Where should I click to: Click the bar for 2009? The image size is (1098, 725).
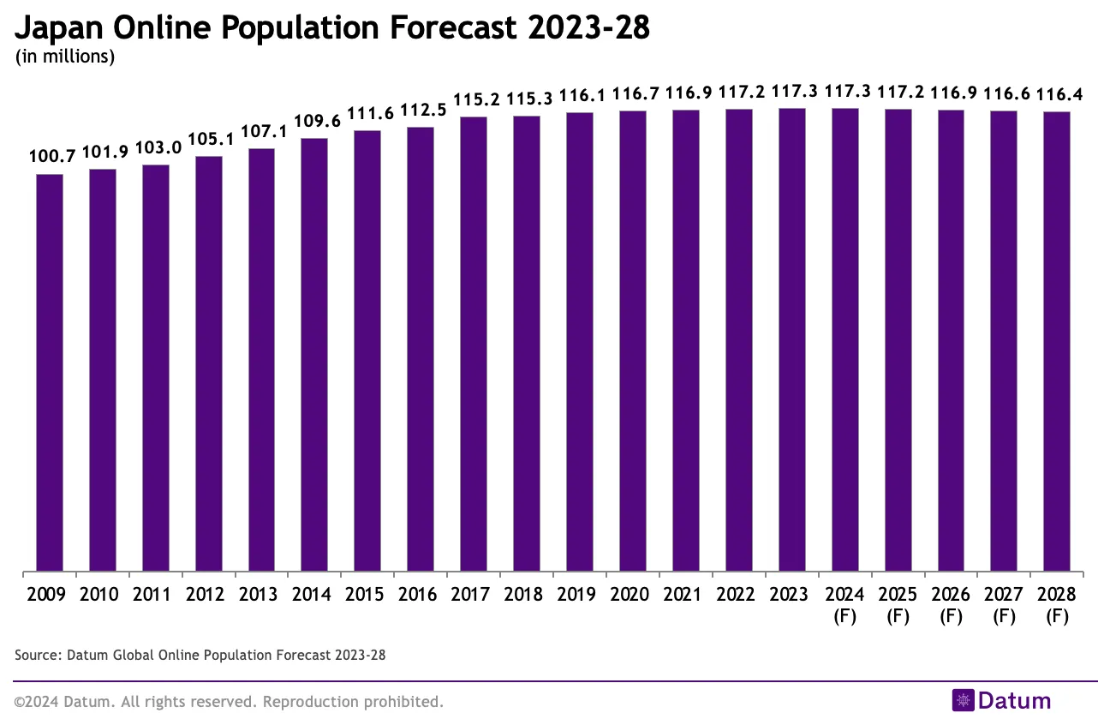(x=50, y=372)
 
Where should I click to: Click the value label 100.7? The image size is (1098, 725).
(x=52, y=156)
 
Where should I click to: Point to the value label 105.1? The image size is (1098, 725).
(x=210, y=139)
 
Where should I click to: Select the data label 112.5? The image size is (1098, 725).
(x=421, y=111)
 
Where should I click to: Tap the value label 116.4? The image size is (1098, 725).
(x=1059, y=94)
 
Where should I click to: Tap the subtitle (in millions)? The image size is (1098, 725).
(x=64, y=57)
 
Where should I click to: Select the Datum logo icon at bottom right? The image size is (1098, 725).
(x=964, y=701)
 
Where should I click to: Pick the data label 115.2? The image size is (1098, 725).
(x=474, y=100)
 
